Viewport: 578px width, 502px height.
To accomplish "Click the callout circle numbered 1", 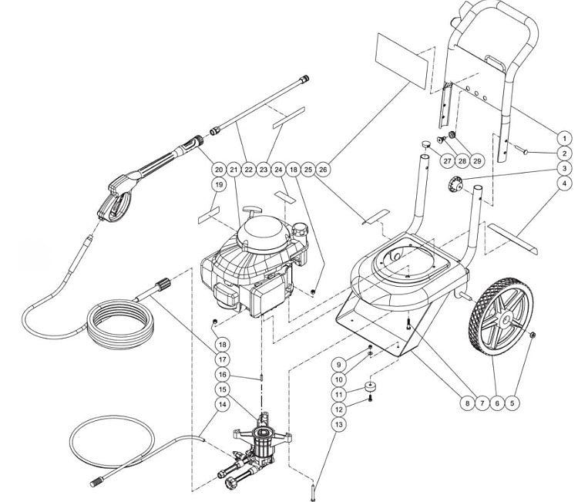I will tap(564, 137).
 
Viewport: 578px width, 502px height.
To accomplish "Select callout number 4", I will tap(564, 184).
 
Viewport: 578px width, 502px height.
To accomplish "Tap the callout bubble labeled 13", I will tap(336, 423).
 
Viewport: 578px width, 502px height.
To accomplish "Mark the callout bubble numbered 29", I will tap(477, 160).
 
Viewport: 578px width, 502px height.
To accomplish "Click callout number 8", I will tap(466, 402).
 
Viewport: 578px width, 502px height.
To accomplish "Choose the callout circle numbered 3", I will tap(564, 169).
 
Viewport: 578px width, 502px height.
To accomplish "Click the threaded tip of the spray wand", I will tap(307, 79).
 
